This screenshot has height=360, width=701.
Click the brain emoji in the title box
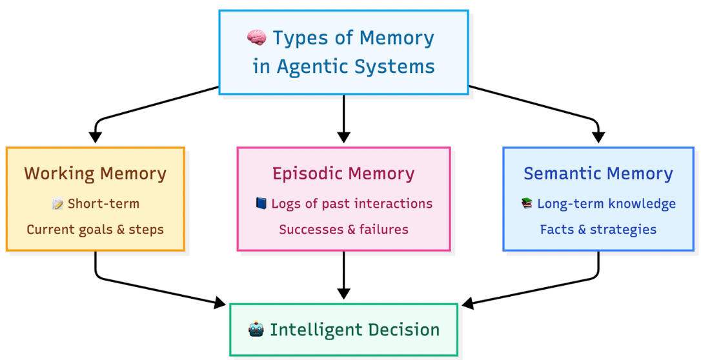[x=257, y=38]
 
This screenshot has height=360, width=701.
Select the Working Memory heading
[x=96, y=174]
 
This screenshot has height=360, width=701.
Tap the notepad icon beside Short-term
[x=57, y=205]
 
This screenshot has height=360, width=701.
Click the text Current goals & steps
[x=96, y=229]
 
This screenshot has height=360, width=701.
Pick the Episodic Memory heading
[x=343, y=174]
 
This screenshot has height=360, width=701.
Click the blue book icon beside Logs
[x=260, y=204]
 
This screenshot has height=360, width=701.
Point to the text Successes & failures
[x=343, y=229]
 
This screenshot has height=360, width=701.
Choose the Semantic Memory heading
[x=598, y=174]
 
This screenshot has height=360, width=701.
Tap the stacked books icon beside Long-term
[x=527, y=204]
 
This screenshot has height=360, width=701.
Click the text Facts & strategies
[x=598, y=229]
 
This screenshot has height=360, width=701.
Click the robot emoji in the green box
[x=256, y=330]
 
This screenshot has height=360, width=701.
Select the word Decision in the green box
[x=400, y=330]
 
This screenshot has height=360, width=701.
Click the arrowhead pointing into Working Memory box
[x=96, y=137]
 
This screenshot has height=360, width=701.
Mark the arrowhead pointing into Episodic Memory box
[x=343, y=137]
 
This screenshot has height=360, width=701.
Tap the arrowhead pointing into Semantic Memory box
[x=598, y=137]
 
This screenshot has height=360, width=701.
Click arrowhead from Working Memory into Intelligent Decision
[x=219, y=302]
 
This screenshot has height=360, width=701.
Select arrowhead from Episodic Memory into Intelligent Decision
[x=343, y=293]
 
